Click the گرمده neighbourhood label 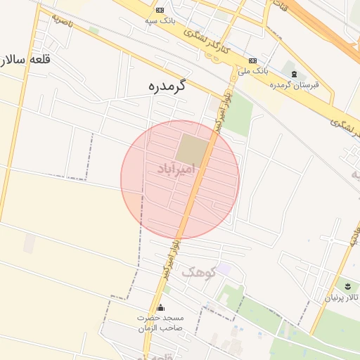tap(166, 86)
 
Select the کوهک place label tap(198, 271)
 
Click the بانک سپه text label tap(160, 21)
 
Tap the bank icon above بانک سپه tap(160, 10)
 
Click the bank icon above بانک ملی tap(252, 60)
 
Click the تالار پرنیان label tap(342, 297)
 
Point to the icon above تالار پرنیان tap(347, 285)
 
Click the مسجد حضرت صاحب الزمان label tap(160, 322)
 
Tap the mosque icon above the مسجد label tap(160, 307)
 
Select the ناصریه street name tap(63, 20)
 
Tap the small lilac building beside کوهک tap(224, 269)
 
